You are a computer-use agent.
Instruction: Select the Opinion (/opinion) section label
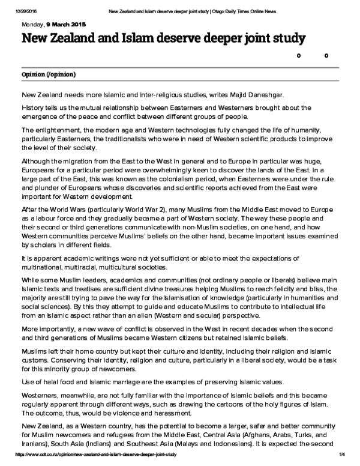point(48,74)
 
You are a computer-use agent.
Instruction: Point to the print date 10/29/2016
point(12,4)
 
